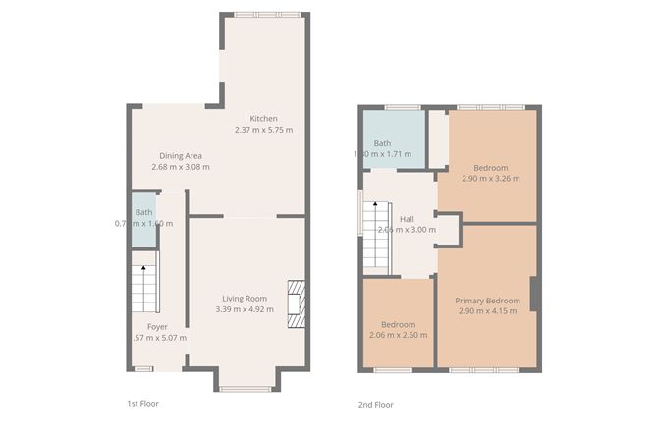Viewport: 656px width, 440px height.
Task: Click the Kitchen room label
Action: pyautogui.click(x=263, y=118)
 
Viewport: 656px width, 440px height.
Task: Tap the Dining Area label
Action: pyautogui.click(x=181, y=155)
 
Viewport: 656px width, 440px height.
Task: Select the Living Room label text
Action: pyautogui.click(x=244, y=299)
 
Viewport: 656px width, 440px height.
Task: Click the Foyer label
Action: pyautogui.click(x=157, y=326)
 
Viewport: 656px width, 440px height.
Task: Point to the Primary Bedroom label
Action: pyautogui.click(x=488, y=300)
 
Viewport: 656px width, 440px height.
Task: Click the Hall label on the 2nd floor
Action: pyautogui.click(x=407, y=218)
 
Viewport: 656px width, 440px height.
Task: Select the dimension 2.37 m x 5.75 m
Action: pyautogui.click(x=263, y=130)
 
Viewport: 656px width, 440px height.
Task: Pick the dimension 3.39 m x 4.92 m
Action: pyautogui.click(x=244, y=310)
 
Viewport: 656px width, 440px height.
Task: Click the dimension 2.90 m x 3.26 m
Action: pyautogui.click(x=490, y=179)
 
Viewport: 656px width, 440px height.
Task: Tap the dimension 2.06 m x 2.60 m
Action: pyautogui.click(x=398, y=336)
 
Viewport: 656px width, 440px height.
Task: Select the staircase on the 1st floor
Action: pyautogui.click(x=144, y=287)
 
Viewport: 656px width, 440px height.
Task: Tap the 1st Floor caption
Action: pyautogui.click(x=142, y=404)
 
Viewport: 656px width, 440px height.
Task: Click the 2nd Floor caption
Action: pyautogui.click(x=376, y=404)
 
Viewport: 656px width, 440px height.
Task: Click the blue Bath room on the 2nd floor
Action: pyautogui.click(x=393, y=139)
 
